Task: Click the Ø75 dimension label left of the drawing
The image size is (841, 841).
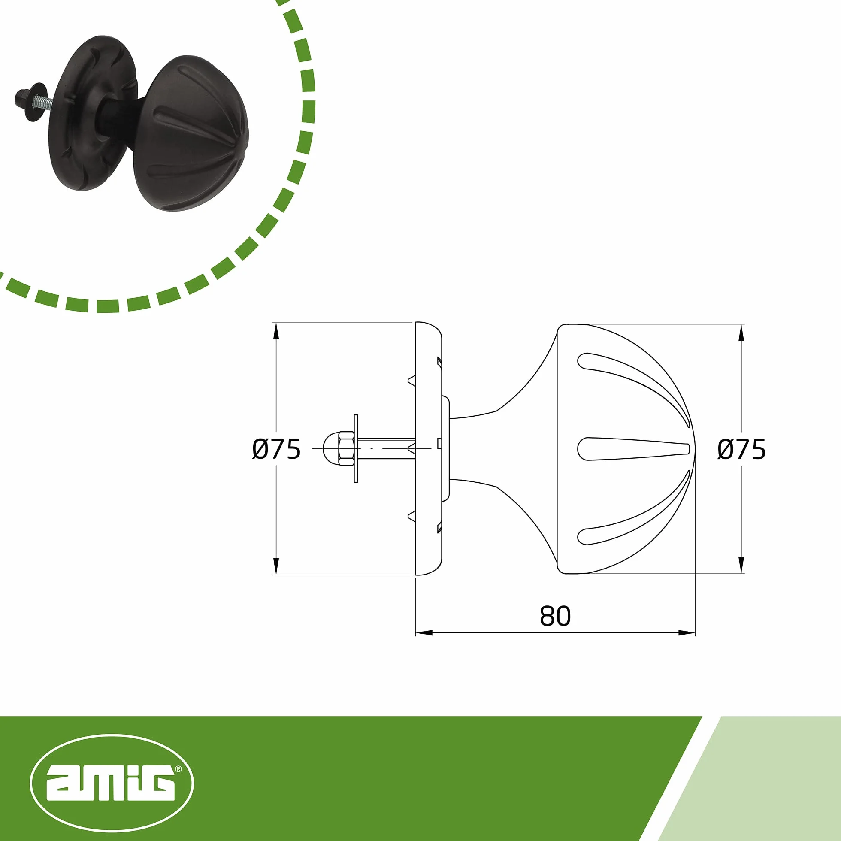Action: pyautogui.click(x=276, y=449)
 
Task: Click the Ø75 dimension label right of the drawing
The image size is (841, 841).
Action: pyautogui.click(x=741, y=449)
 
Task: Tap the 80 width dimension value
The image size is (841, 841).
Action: pyautogui.click(x=555, y=616)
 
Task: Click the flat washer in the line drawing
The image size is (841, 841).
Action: pyautogui.click(x=356, y=448)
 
